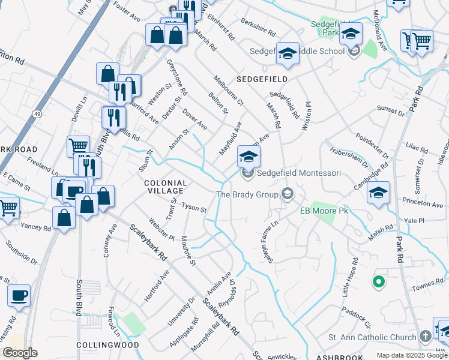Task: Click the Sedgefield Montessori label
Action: click(299, 173)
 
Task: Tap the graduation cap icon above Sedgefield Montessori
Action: click(249, 157)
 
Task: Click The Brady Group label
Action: click(247, 194)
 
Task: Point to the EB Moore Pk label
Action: click(324, 211)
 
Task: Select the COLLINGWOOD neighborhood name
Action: click(109, 345)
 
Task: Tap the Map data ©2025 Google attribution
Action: click(412, 355)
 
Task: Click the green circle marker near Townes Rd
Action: click(378, 280)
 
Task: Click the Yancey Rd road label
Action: click(36, 227)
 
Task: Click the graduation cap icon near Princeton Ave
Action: click(378, 193)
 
